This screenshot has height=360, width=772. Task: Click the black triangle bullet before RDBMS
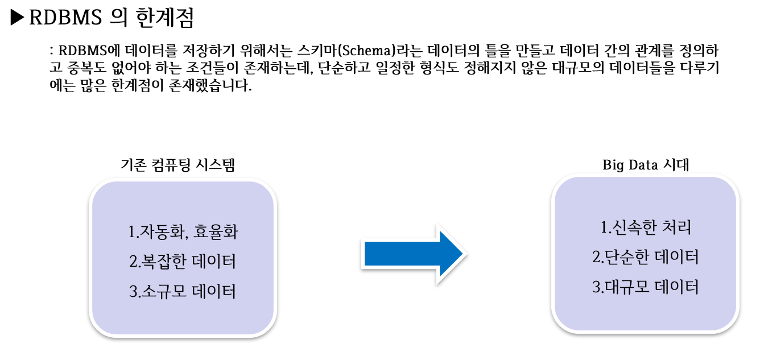[18, 18]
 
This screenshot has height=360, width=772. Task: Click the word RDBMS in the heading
[64, 18]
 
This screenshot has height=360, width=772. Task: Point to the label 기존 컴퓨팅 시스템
[178, 165]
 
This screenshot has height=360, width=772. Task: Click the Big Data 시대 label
[646, 165]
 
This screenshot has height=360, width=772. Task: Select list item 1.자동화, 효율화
[181, 233]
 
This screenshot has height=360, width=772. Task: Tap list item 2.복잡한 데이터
[182, 262]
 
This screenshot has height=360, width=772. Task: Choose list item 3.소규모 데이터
[182, 292]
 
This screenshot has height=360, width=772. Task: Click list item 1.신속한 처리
[646, 229]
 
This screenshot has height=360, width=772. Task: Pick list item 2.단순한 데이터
[645, 258]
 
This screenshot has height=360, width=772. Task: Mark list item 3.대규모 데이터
[645, 287]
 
